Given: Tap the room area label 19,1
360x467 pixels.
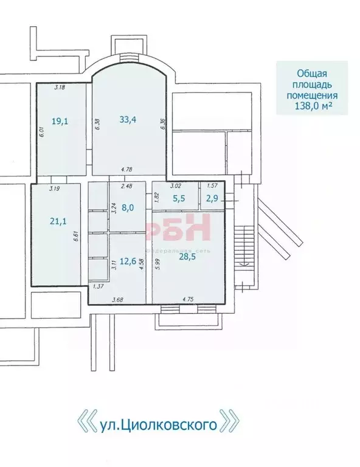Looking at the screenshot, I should (x=59, y=121).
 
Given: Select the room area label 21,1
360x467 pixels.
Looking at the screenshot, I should (x=59, y=221).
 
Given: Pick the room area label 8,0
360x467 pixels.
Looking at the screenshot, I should (x=128, y=207).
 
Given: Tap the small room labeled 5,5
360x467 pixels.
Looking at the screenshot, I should (x=178, y=198).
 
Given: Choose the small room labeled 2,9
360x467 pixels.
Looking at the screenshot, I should (x=212, y=198).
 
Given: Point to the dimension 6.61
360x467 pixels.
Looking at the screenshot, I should (x=76, y=237).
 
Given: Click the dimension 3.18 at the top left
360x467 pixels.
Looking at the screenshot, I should (x=59, y=88).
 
